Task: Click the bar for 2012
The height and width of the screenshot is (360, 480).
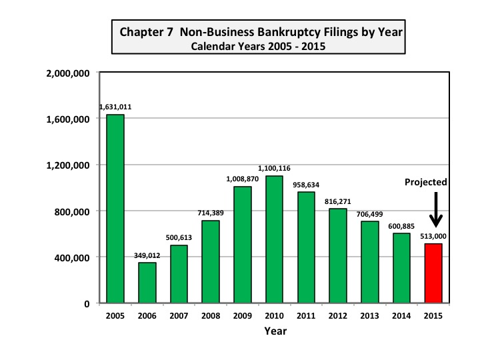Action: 338,256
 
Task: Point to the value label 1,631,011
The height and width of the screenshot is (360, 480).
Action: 115,106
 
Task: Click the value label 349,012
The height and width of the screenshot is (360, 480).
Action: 147,254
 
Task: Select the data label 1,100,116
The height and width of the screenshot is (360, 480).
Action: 274,168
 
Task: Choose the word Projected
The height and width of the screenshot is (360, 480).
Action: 427,182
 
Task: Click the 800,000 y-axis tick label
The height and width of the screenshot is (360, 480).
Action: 73,211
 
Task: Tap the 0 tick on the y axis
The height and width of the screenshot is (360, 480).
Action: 87,304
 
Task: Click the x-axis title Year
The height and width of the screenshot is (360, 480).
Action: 275,330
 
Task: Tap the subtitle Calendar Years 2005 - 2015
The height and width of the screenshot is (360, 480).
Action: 259,47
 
